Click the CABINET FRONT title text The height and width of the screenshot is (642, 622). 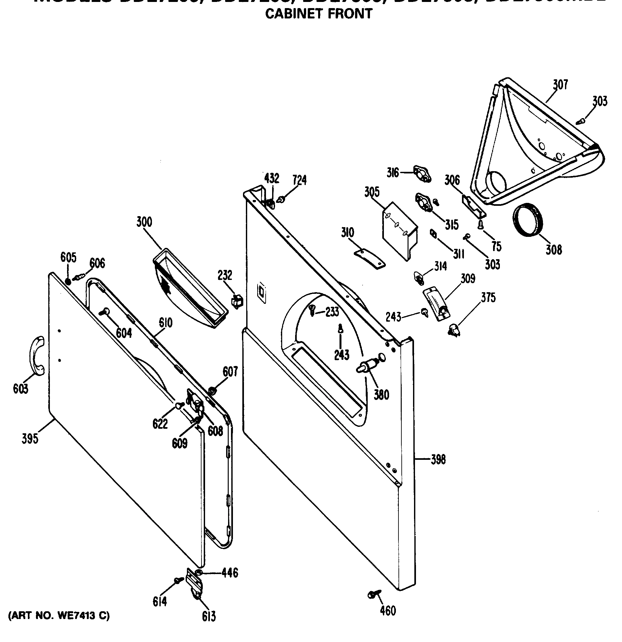pyautogui.click(x=318, y=14)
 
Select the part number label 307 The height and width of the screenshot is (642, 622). pyautogui.click(x=560, y=84)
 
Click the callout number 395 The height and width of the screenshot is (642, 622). pyautogui.click(x=30, y=438)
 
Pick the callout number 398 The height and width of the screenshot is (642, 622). pyautogui.click(x=438, y=459)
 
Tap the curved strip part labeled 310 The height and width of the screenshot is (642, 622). pyautogui.click(x=370, y=259)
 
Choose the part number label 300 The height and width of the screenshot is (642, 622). pyautogui.click(x=144, y=222)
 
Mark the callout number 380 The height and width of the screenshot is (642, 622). pyautogui.click(x=381, y=395)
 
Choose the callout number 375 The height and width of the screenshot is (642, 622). pyautogui.click(x=488, y=297)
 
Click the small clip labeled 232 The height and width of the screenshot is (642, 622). pyautogui.click(x=237, y=301)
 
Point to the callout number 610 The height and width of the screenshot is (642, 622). pyautogui.click(x=166, y=323)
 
